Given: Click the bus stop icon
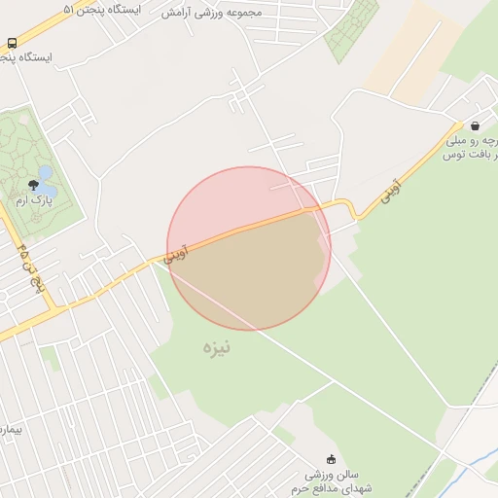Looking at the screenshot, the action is (x=12, y=44).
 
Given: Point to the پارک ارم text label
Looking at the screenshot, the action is (x=33, y=199).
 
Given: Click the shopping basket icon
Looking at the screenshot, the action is (x=474, y=126).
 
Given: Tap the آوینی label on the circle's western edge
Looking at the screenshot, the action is (x=179, y=251).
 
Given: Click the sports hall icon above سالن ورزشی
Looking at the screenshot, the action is (x=331, y=459).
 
